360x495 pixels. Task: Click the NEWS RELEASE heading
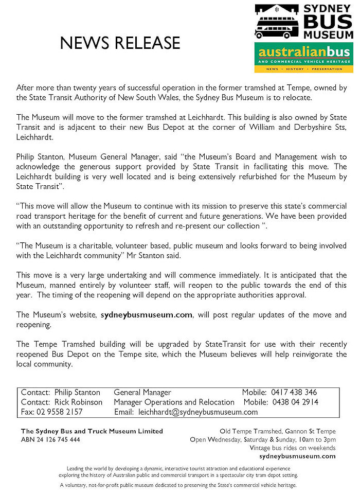click(x=120, y=43)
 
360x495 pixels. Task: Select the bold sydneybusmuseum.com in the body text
click(x=147, y=314)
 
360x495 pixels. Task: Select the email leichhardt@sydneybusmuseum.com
click(x=198, y=412)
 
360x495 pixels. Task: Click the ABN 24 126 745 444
click(x=50, y=439)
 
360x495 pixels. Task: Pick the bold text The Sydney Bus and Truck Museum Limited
click(x=92, y=431)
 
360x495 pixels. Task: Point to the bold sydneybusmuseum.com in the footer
click(x=298, y=455)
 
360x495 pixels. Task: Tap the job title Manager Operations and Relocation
click(x=174, y=402)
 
